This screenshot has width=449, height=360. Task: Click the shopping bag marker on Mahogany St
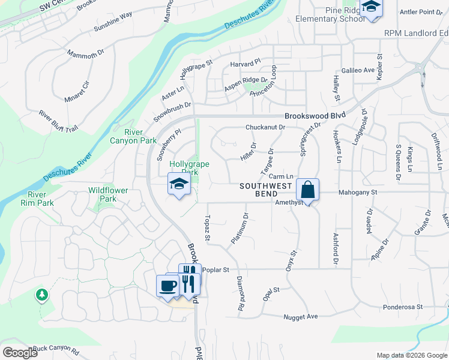tap(307, 190)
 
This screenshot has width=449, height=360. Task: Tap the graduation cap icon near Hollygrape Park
tap(179, 184)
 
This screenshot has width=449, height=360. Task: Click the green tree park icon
tap(41, 295)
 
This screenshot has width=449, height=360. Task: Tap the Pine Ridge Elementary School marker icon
tap(371, 8)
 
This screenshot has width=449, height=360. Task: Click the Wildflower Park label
tap(108, 194)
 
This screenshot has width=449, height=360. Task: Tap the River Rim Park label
tap(41, 199)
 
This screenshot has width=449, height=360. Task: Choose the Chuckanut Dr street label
tap(265, 127)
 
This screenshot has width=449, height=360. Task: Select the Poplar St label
tap(216, 270)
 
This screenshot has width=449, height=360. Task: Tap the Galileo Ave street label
tap(358, 70)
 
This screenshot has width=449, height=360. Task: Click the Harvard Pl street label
tap(246, 62)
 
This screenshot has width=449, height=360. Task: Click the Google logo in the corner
tap(20, 353)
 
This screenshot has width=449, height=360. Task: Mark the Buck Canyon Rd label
tap(56, 349)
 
